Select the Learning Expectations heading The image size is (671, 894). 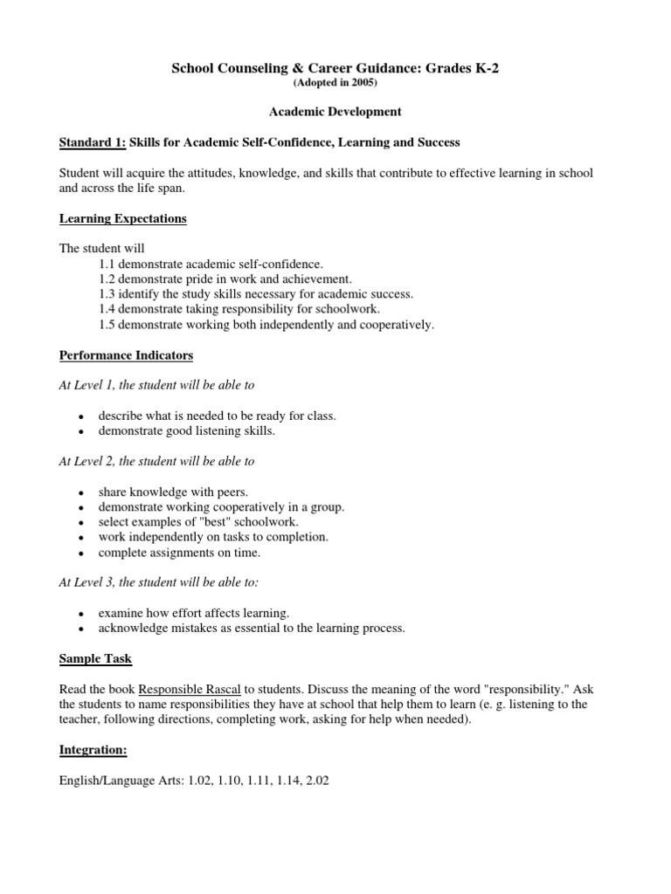[x=123, y=218]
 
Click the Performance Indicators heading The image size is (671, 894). [x=127, y=355]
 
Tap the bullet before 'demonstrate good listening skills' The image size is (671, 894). [x=80, y=432]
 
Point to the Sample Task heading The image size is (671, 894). [x=95, y=658]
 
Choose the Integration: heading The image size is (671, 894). [x=90, y=750]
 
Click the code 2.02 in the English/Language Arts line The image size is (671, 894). [x=315, y=781]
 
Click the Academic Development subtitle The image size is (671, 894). [x=335, y=112]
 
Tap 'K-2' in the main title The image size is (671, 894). [x=481, y=69]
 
